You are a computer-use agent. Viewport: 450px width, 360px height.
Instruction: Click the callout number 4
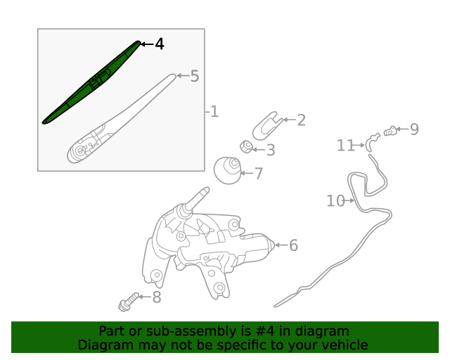tap(160, 44)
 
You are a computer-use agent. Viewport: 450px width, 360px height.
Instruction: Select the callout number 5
tap(195, 76)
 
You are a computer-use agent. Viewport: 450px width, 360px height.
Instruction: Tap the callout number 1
tap(214, 111)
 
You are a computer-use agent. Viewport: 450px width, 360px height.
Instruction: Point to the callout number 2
tap(301, 120)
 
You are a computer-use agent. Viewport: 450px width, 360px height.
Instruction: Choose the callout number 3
tap(270, 150)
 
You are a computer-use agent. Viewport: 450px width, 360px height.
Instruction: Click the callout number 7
tap(258, 173)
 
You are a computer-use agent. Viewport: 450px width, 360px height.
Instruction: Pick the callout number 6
tap(293, 245)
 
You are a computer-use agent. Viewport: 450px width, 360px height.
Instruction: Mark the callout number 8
tap(156, 297)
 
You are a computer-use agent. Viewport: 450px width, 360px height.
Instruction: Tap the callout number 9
tap(414, 129)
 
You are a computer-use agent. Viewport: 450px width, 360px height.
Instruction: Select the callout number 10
tap(335, 201)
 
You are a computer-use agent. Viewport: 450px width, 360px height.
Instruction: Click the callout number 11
tap(345, 146)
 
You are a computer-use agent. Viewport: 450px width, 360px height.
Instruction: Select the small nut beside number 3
tap(246, 147)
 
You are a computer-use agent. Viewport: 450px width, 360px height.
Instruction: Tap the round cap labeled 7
tap(227, 169)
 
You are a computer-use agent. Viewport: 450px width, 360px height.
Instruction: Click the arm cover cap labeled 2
tap(266, 124)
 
